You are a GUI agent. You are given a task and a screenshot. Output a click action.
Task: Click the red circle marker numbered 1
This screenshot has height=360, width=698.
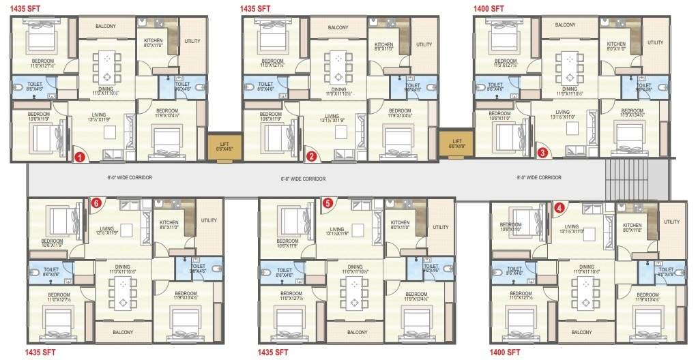[x=79, y=157]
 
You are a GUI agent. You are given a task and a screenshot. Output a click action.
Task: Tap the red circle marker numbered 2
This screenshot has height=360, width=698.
[x=312, y=156]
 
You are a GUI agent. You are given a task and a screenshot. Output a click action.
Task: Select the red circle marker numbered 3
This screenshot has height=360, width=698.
[x=542, y=153]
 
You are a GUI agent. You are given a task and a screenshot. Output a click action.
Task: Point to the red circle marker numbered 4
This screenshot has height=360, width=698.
[x=559, y=207]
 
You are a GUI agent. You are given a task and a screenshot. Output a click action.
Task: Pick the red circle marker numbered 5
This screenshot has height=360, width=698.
[x=328, y=202]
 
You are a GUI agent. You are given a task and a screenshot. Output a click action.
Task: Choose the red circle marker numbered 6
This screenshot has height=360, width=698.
[x=96, y=202]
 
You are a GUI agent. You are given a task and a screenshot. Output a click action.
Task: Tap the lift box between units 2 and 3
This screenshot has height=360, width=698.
[x=453, y=145]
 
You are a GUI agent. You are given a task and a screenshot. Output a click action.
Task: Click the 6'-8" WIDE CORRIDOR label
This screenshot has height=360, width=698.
[x=304, y=179]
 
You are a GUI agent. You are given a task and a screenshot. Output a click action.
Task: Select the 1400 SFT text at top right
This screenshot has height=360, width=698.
[x=489, y=9]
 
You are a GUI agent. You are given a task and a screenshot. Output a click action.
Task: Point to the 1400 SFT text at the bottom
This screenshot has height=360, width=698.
[x=505, y=352]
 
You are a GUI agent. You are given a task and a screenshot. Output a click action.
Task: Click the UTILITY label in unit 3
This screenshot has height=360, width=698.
[x=655, y=43]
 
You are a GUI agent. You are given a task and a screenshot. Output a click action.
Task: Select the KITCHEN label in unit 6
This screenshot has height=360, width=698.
[x=169, y=223]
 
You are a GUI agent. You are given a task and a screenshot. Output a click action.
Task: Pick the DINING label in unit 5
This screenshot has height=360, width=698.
[x=355, y=267]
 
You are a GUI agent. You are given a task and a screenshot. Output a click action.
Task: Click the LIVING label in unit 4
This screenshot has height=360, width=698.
[x=572, y=226]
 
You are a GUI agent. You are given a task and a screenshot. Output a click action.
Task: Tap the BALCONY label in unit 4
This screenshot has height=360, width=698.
[x=581, y=332]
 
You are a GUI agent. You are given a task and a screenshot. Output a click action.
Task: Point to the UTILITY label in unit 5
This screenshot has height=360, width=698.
[x=441, y=227]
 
